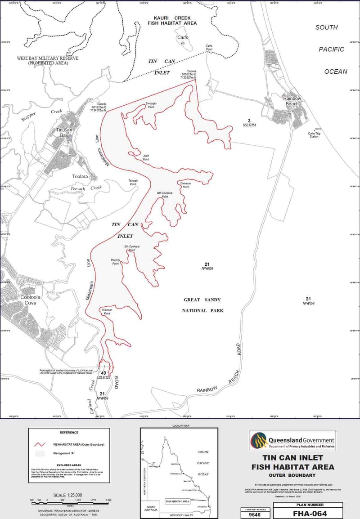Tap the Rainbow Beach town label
click(x=292, y=101)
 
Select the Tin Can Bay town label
click(x=62, y=132)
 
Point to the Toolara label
click(x=80, y=177)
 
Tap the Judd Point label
click(x=146, y=157)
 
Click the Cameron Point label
click(x=186, y=185)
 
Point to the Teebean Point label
click(x=106, y=312)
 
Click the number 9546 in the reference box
click(x=256, y=513)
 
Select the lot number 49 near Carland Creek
click(x=103, y=373)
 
